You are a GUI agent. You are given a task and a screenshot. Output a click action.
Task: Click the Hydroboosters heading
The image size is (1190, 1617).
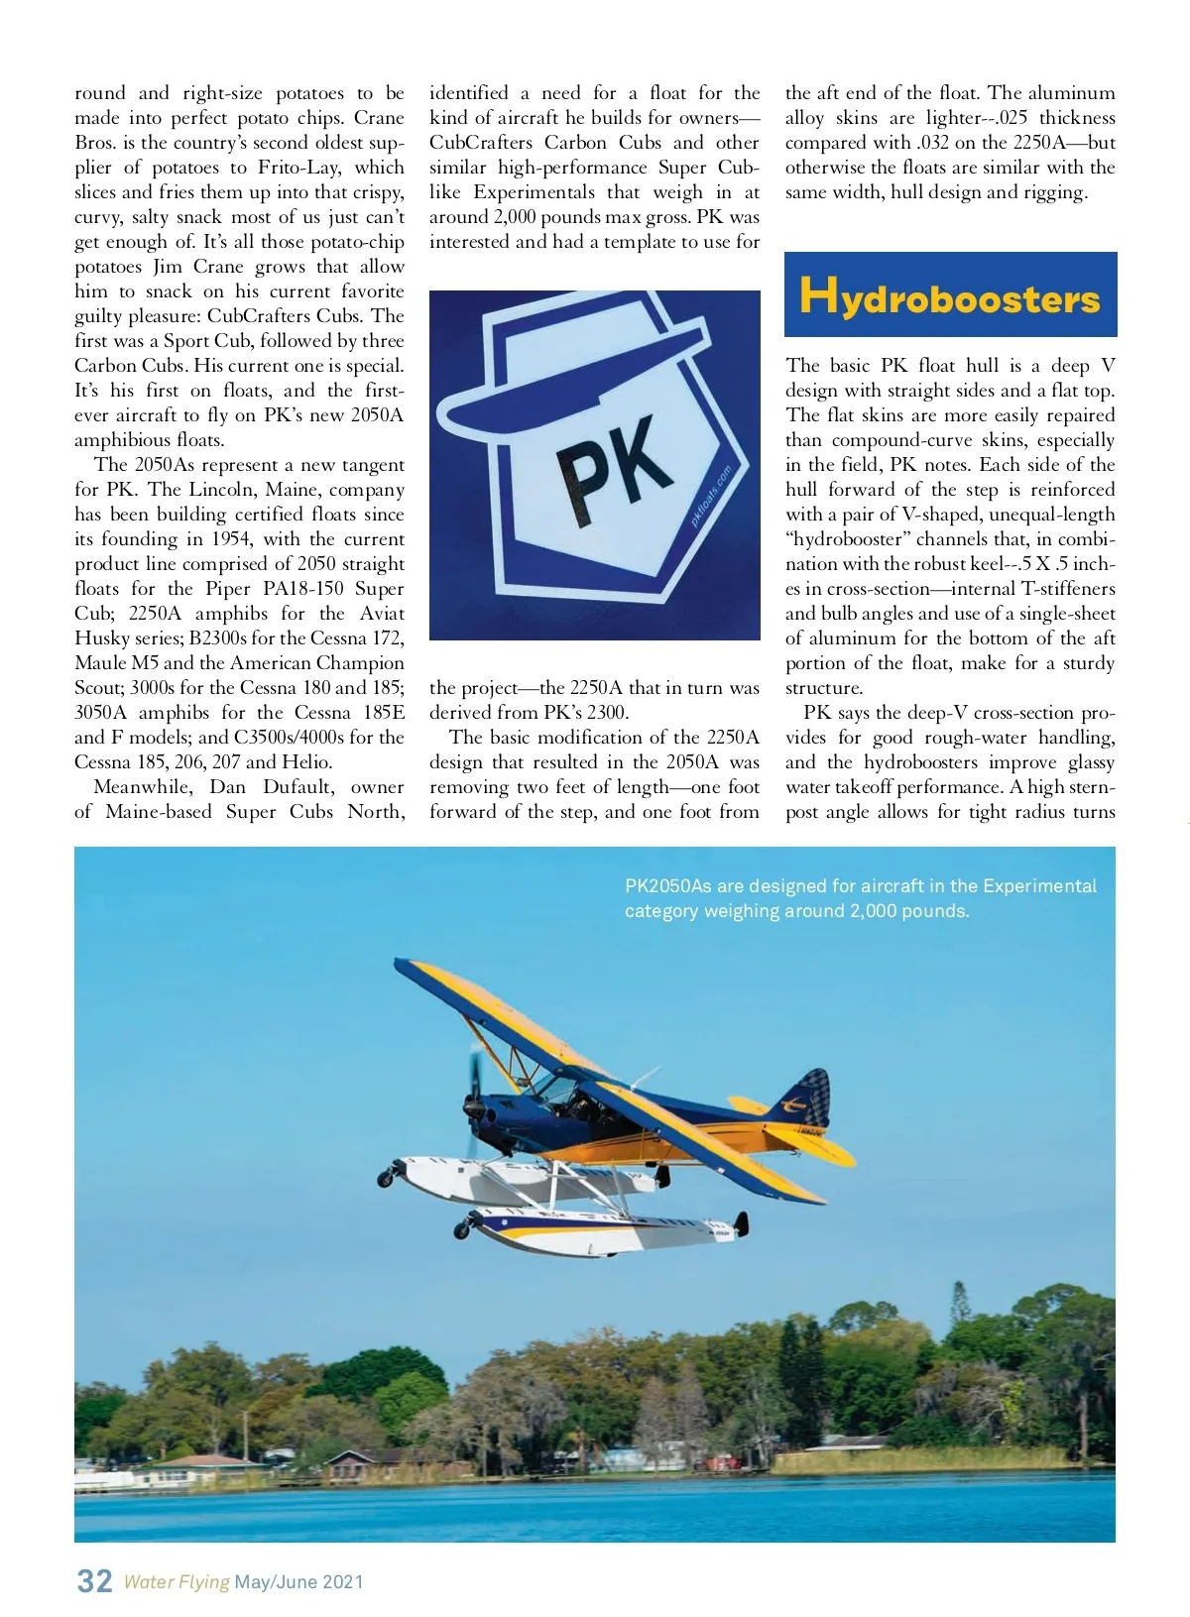949,296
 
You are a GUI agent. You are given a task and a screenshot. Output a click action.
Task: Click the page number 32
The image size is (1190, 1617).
94,1580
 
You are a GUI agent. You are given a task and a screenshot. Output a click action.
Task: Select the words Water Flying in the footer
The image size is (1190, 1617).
177,1582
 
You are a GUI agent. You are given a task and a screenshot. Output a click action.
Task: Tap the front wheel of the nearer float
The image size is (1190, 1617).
462,1231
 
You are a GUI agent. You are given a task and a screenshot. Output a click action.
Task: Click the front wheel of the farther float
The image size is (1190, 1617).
385,1178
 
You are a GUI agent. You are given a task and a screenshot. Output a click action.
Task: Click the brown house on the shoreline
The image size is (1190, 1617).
362,1461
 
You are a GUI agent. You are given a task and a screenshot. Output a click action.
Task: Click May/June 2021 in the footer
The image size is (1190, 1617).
299,1582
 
